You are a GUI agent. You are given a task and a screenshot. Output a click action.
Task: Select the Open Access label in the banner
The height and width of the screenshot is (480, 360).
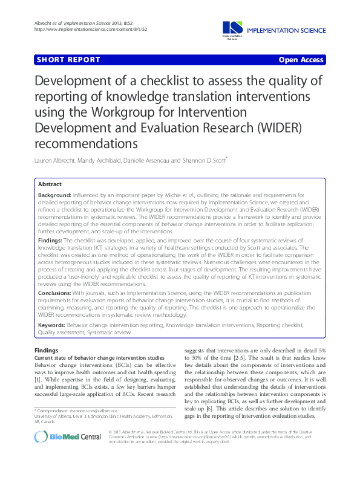coord(301,60)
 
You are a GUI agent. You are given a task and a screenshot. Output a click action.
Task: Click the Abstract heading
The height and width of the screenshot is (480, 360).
coord(50,184)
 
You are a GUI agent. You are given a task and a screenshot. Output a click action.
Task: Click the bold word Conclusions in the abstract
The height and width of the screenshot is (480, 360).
coord(54,293)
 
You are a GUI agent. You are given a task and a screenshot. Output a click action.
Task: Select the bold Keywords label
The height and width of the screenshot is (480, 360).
coord(51,325)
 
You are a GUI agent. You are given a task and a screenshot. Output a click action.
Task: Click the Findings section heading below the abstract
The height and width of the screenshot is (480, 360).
coord(47,350)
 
